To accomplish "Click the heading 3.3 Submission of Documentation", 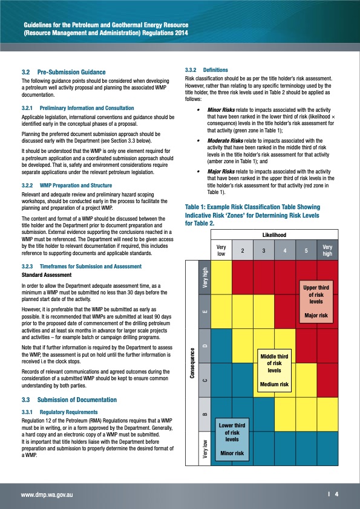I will (x=68, y=400).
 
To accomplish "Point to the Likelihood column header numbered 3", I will (x=264, y=250).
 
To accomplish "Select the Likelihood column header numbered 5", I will (x=306, y=250).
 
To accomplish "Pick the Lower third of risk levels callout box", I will (x=232, y=439).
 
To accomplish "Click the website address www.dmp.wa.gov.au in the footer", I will (x=48, y=495).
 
